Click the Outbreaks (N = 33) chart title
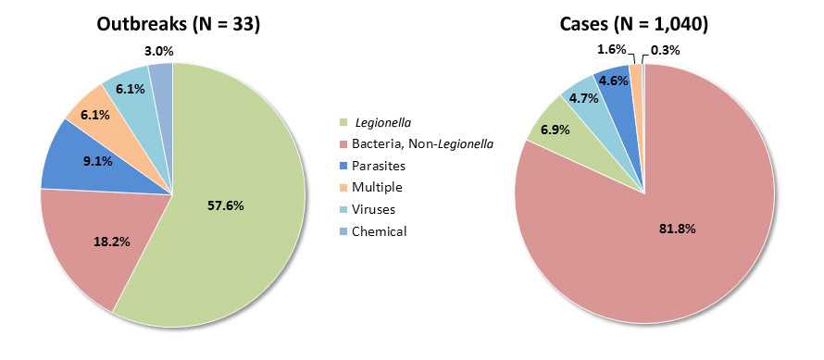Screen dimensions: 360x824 click(179, 25)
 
